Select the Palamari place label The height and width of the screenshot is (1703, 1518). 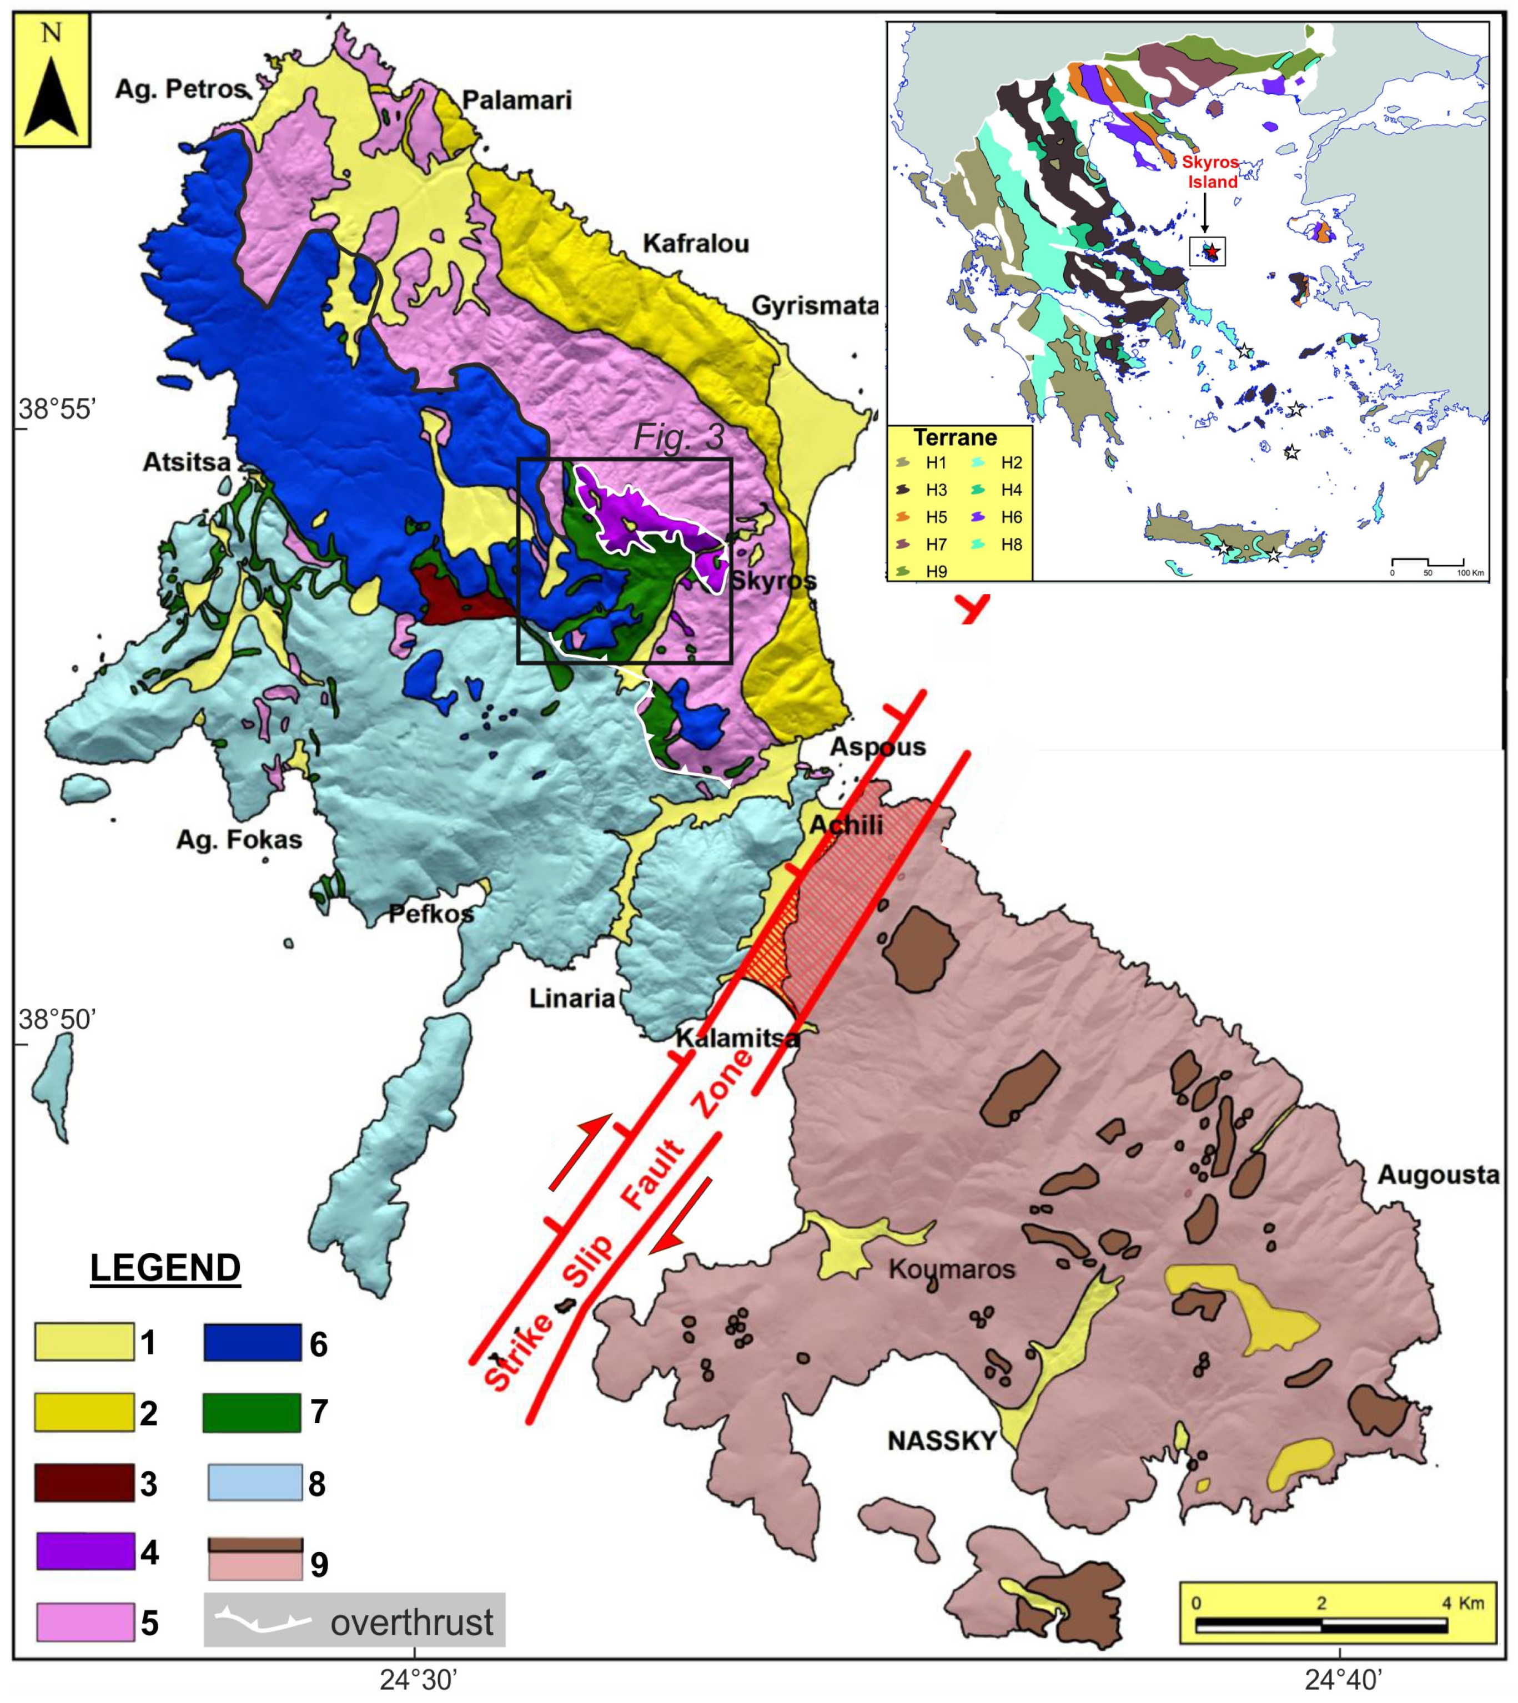point(516,101)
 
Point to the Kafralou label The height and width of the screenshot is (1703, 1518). point(696,244)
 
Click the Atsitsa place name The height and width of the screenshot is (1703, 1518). point(186,462)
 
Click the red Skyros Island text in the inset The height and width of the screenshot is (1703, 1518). point(1211,172)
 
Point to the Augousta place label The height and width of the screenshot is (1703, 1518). point(1438,1175)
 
